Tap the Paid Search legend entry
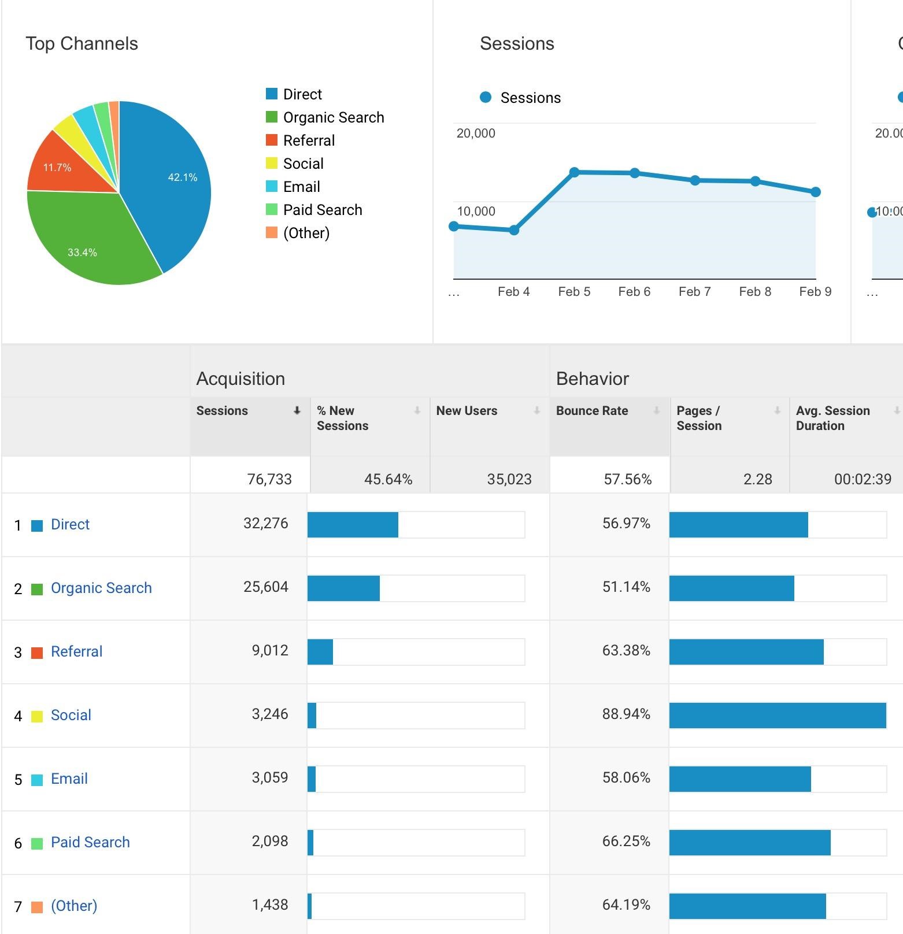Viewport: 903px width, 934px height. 322,210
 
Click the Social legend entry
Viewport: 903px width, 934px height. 303,164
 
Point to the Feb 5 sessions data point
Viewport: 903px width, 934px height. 574,172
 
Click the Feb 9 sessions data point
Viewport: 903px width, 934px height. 815,192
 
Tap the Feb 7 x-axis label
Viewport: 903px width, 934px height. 694,292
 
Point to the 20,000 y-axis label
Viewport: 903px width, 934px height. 476,134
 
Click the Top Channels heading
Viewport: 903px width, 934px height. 82,44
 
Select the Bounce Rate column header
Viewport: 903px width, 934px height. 592,411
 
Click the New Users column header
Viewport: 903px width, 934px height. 467,411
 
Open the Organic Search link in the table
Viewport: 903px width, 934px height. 101,588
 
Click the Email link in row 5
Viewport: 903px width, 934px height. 69,779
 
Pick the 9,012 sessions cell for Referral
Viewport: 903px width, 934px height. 269,651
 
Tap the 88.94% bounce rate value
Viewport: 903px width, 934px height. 626,714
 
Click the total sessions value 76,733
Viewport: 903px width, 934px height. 269,479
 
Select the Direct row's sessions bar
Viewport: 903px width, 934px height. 353,525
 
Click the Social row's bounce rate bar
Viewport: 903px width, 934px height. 778,716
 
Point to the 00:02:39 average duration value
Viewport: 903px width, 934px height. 862,479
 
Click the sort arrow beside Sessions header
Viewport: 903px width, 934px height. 297,411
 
